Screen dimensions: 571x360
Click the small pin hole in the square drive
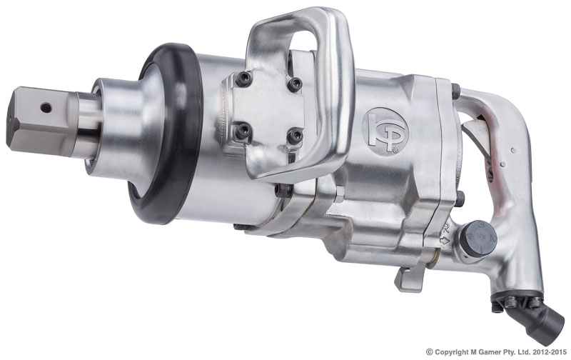46,107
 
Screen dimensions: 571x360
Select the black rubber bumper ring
166,133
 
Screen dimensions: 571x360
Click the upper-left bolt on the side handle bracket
243,79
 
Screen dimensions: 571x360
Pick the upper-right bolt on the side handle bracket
294,84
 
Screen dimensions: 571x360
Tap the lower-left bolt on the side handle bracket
243,131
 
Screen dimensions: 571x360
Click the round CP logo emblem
385,131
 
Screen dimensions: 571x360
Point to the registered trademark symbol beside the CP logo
394,149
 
